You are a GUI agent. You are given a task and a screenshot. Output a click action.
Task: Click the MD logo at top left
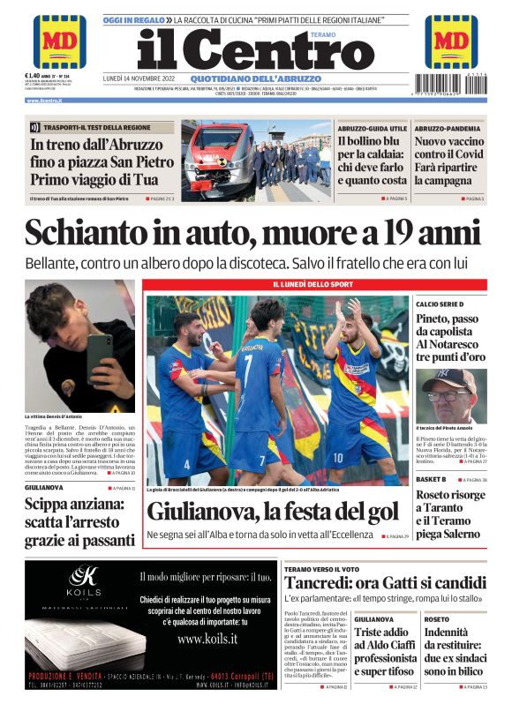60,41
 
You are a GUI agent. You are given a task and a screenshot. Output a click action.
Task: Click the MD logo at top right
451,41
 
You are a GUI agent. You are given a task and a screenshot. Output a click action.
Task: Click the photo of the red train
217,161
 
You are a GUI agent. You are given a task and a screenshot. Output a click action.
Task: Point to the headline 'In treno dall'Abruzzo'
96,145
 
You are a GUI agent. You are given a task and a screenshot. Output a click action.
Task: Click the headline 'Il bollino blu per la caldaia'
372,161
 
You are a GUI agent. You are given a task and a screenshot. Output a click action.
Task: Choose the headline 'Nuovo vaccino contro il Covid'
448,161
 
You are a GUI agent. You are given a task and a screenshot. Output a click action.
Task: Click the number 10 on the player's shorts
338,456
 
